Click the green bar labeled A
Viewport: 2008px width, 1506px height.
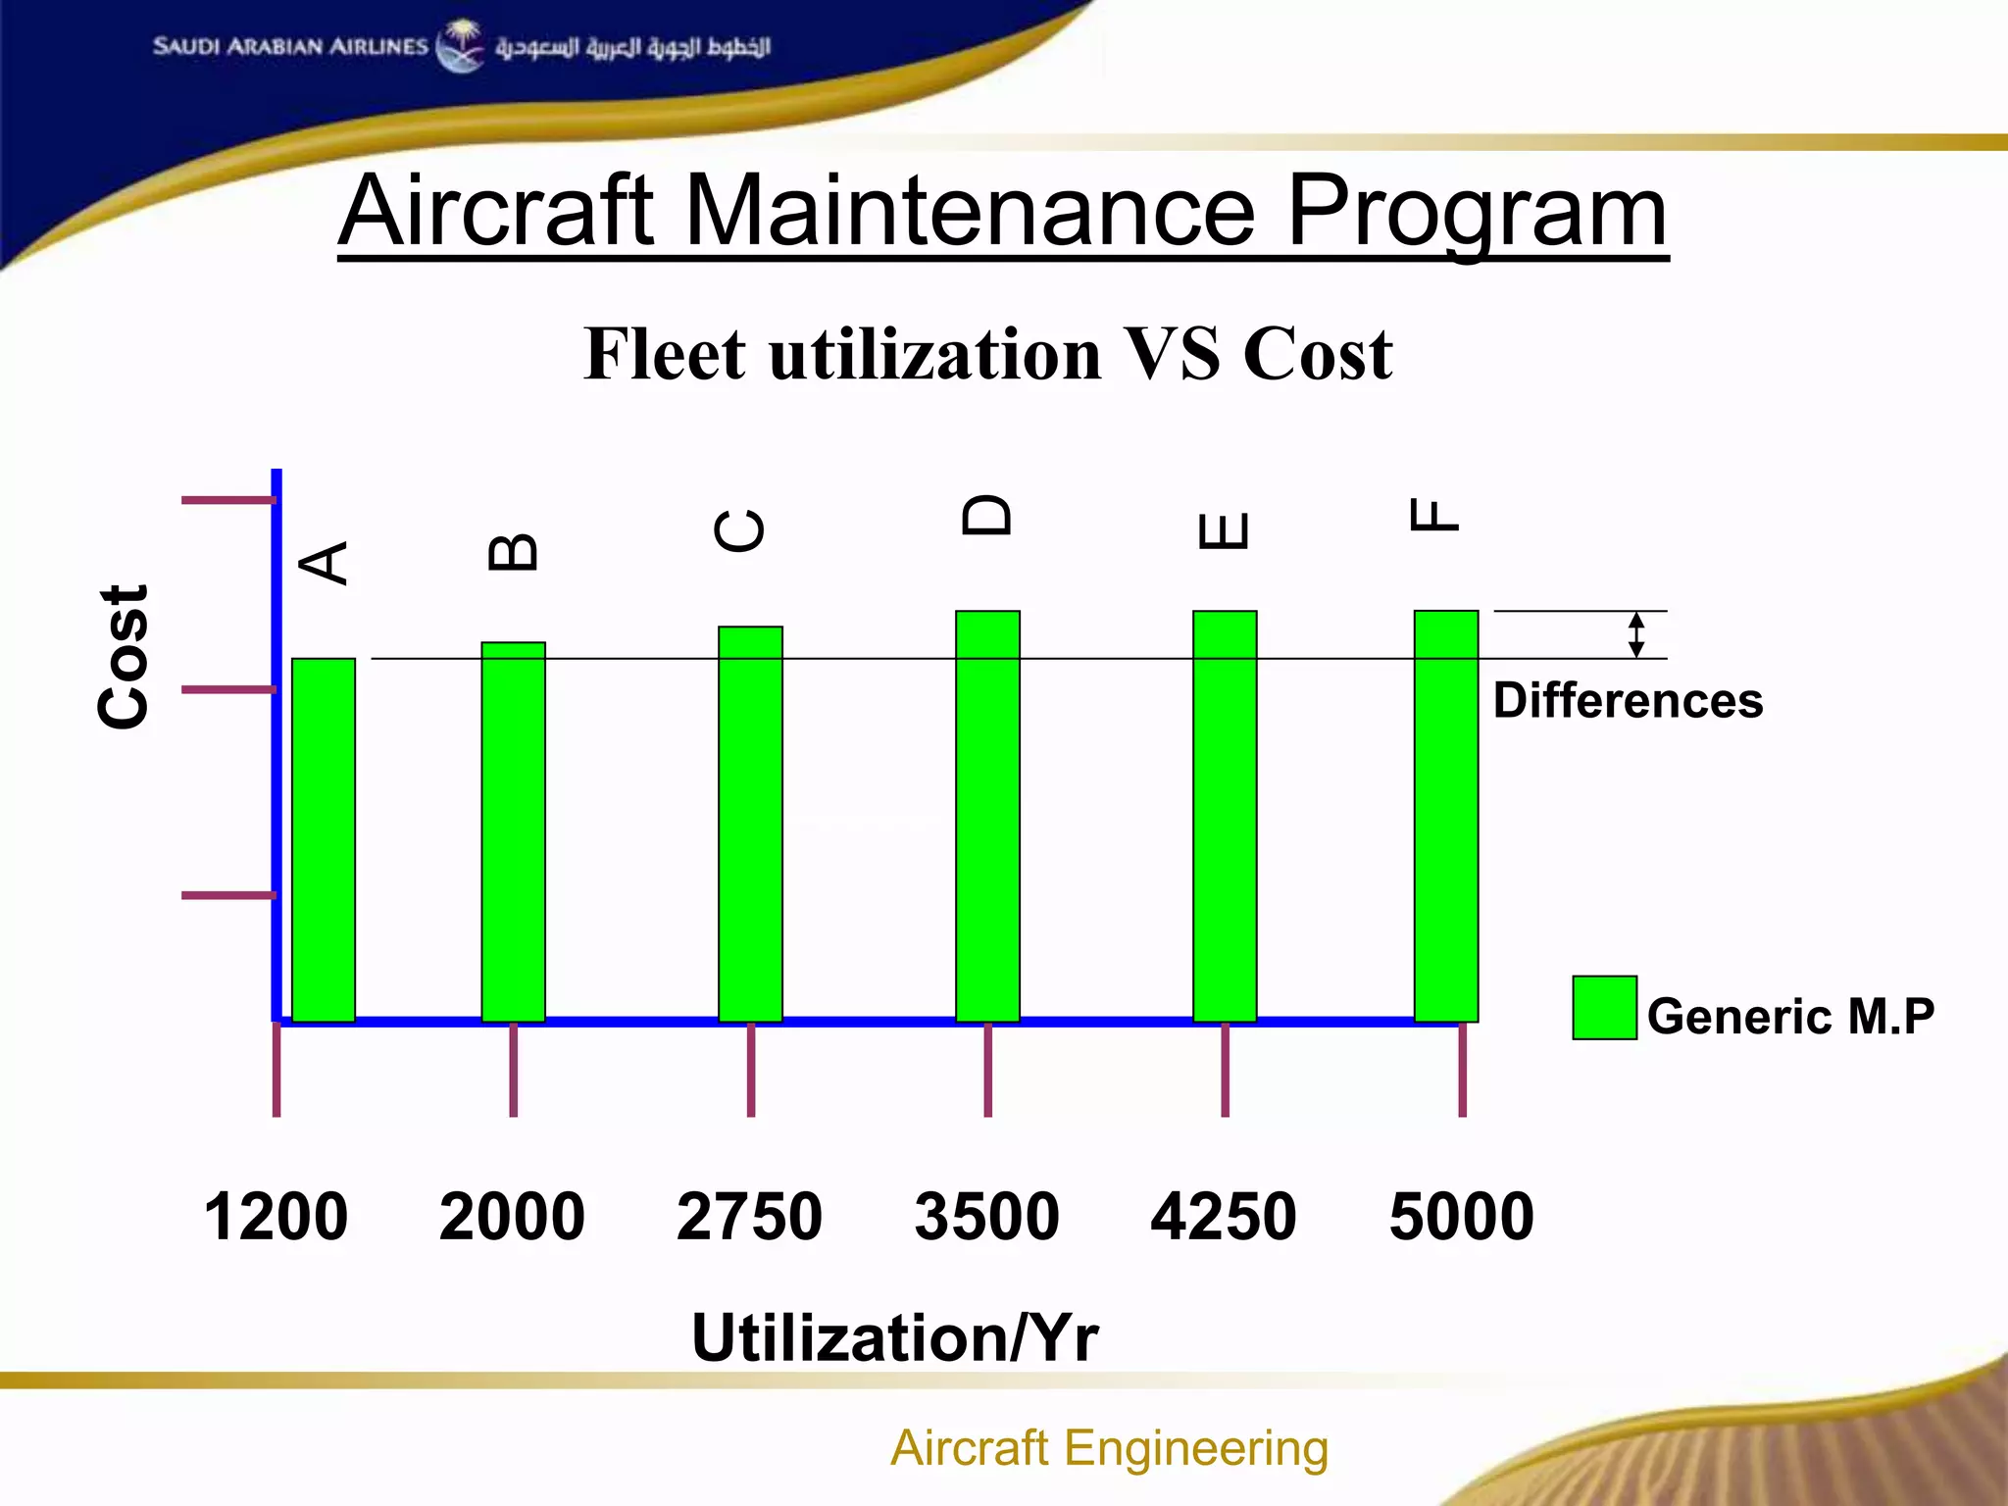324,839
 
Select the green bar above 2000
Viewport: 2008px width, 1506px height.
513,831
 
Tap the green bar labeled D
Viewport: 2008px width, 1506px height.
987,816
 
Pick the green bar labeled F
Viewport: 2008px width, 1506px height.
1445,816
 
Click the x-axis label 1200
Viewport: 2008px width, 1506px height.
276,1217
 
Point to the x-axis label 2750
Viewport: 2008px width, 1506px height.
749,1217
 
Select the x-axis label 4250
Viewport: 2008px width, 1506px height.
1224,1217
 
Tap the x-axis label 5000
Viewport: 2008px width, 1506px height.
1461,1217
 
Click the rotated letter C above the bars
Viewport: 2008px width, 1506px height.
740,530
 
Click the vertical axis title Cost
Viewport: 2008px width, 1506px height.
125,657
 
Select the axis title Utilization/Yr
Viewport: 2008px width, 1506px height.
894,1337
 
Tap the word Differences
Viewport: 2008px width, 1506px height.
1628,700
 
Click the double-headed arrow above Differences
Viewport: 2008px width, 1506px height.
1635,634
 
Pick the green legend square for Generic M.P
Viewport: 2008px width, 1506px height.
1604,1007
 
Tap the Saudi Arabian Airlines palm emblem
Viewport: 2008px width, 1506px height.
460,45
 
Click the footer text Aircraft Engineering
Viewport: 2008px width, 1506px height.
1109,1448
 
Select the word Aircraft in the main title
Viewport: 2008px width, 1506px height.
496,211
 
